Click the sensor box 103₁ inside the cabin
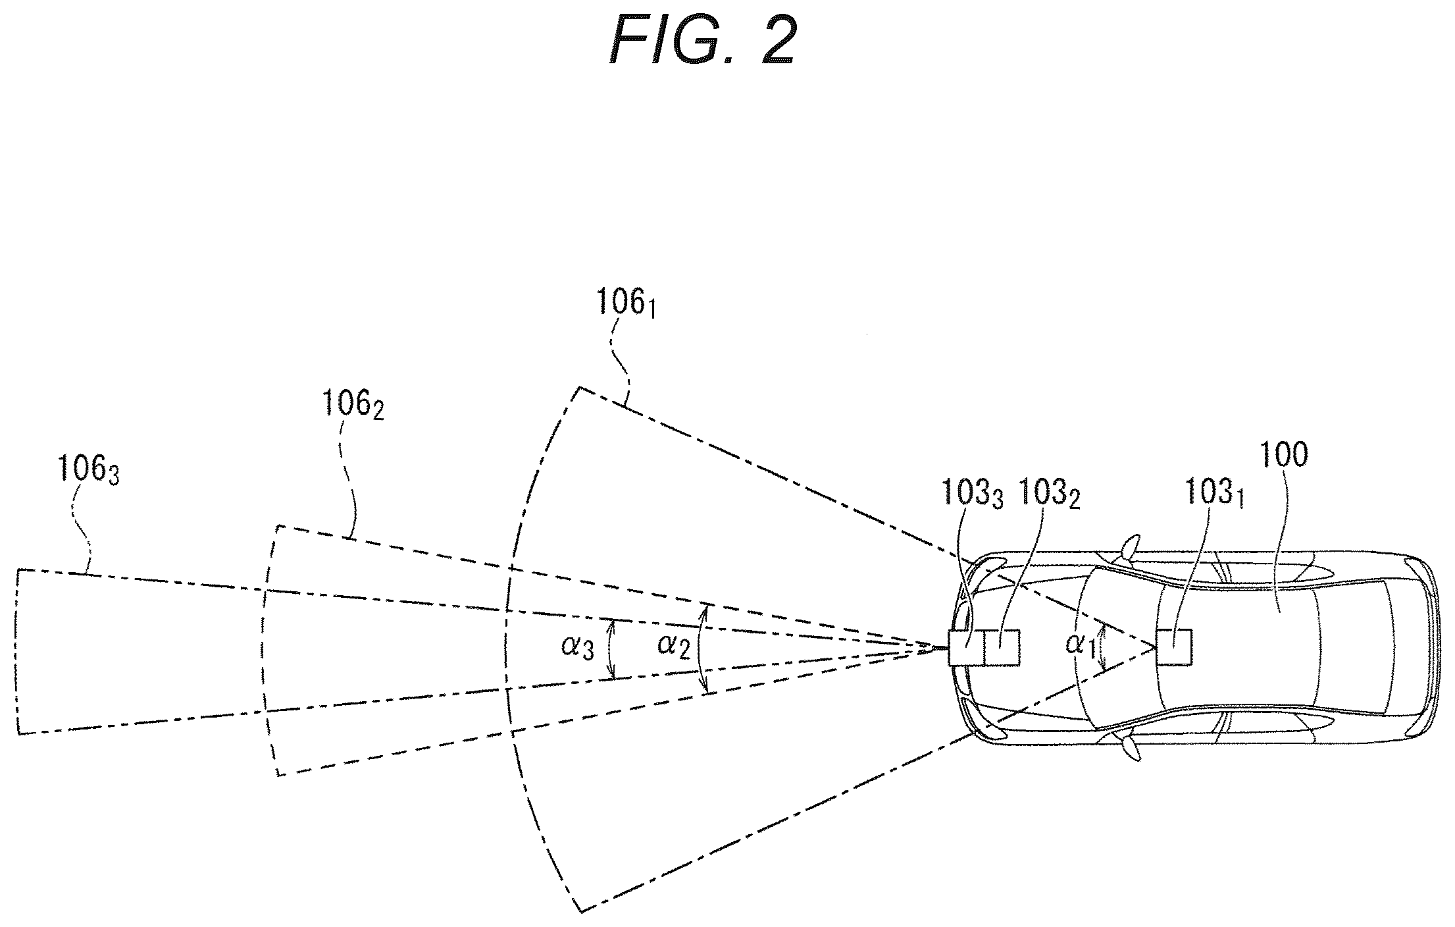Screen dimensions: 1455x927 point(1173,647)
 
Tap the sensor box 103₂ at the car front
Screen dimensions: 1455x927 point(1001,647)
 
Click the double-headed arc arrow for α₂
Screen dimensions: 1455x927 point(700,649)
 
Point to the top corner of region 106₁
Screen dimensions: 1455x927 point(579,387)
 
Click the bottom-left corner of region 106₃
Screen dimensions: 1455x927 point(18,733)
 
